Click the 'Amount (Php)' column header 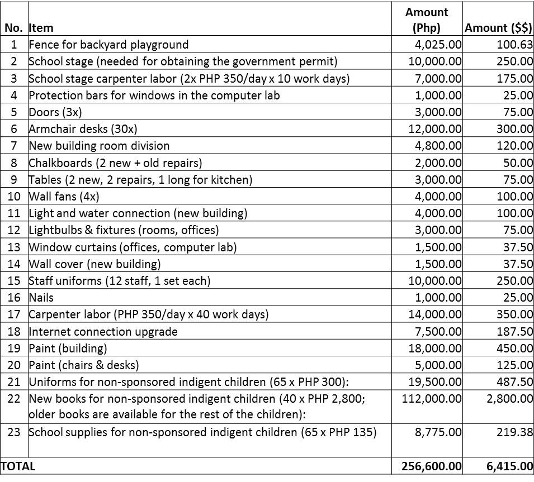(427, 20)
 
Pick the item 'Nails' (41, 298)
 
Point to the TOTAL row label (18, 466)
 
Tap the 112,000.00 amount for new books (432, 399)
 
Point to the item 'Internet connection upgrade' (103, 332)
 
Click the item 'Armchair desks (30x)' (83, 129)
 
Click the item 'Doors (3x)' (55, 112)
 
